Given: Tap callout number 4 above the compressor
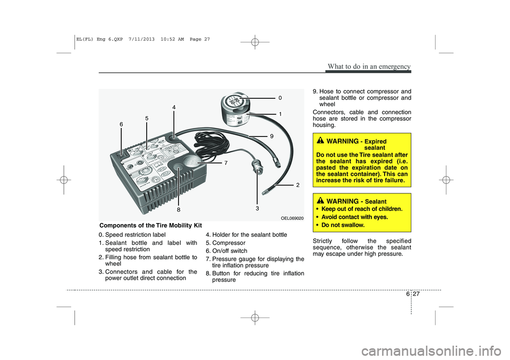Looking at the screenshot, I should (174, 107).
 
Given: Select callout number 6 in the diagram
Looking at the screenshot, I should (121, 124).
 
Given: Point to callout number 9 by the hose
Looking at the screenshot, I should (271, 136).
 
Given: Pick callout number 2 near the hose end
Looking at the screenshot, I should (298, 185).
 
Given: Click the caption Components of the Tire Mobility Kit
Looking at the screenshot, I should (150, 226).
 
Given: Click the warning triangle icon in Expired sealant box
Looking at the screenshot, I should (320, 141).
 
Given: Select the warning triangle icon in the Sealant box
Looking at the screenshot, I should (320, 201).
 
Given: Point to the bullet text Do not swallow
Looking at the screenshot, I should (343, 225).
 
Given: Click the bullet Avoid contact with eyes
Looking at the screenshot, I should (354, 217).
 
